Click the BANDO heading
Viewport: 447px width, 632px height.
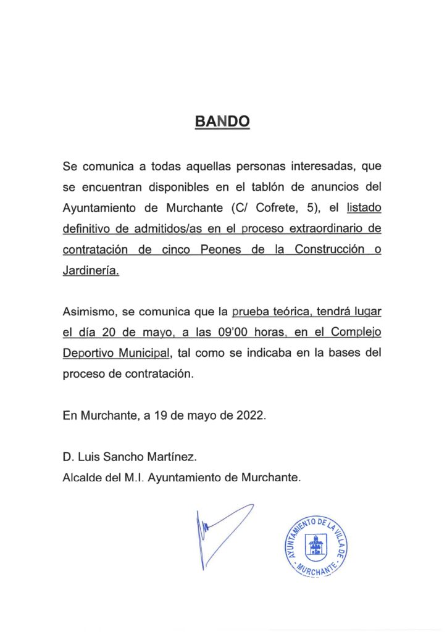click(x=223, y=122)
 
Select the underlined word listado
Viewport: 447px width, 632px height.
click(x=364, y=208)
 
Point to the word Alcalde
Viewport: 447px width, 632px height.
click(x=81, y=476)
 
